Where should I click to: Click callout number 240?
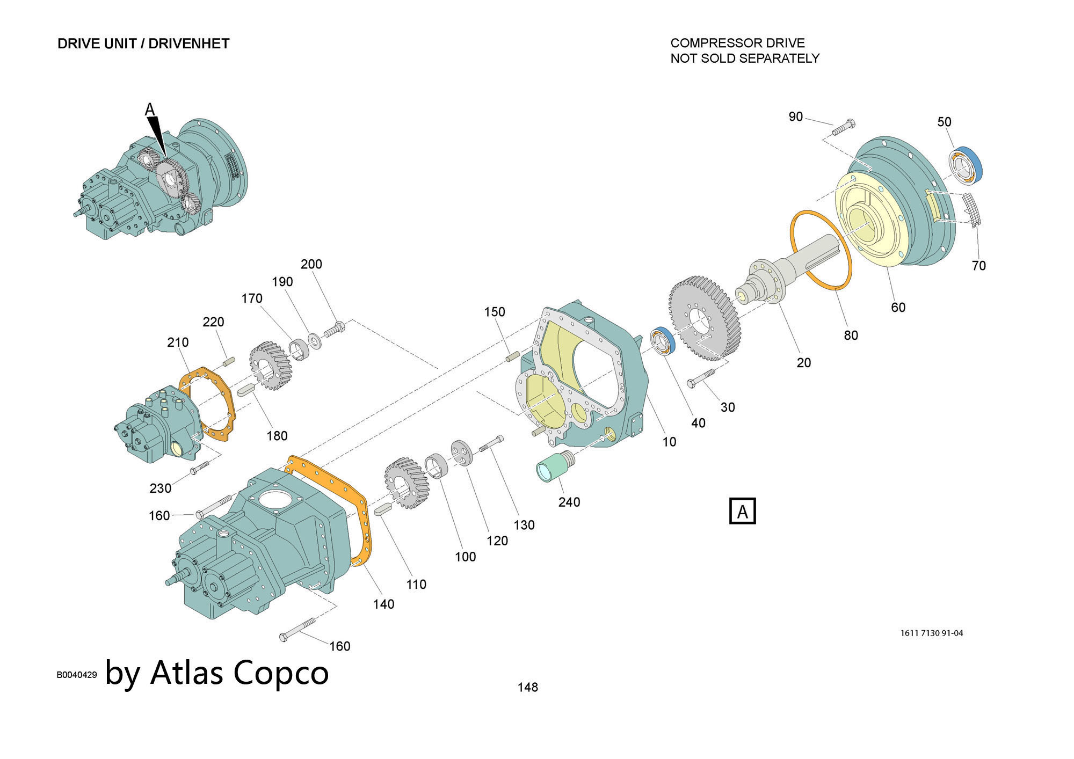point(569,502)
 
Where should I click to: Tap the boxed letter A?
point(742,511)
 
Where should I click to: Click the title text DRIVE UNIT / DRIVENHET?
point(143,43)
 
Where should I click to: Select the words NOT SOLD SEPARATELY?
point(745,58)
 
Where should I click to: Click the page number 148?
point(527,687)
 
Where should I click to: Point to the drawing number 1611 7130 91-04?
point(932,633)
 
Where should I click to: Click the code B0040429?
point(77,675)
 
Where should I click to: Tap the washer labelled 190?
point(314,341)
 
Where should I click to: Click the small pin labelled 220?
point(228,361)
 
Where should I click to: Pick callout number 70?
point(978,266)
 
